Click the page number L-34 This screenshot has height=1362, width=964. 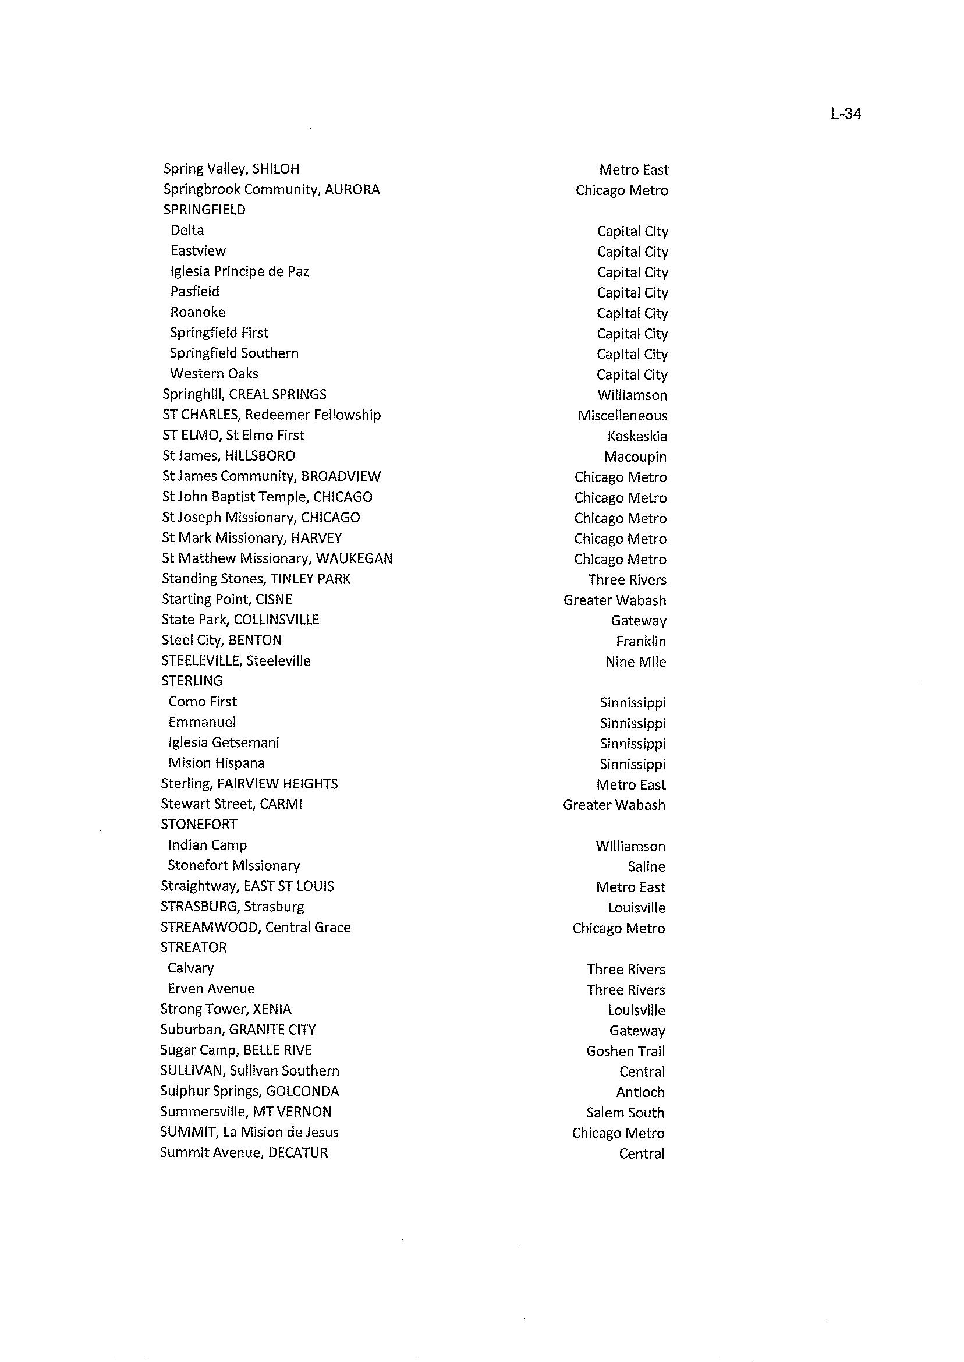coord(846,114)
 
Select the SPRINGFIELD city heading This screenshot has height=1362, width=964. coord(204,210)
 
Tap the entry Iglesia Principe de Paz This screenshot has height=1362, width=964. coord(239,271)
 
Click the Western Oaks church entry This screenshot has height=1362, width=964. coord(214,373)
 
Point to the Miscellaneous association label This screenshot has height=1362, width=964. coord(622,416)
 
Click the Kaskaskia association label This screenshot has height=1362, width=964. coord(637,436)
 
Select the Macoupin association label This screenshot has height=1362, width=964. coord(635,457)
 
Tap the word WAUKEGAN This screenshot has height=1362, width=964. coord(354,558)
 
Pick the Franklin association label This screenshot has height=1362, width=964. coord(640,641)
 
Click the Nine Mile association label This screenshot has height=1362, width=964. coord(635,661)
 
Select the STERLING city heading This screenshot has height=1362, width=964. coord(192,681)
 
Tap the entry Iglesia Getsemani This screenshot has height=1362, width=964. coord(223,743)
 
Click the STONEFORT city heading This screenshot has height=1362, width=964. coord(199,825)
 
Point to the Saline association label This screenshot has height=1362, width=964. coord(646,867)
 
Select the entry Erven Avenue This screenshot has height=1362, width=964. coord(211,989)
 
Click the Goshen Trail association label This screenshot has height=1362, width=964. coord(625,1051)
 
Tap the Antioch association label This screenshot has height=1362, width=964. coord(640,1092)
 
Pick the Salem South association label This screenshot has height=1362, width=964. coord(625,1113)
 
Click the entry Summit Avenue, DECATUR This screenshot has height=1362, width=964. coord(243,1153)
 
